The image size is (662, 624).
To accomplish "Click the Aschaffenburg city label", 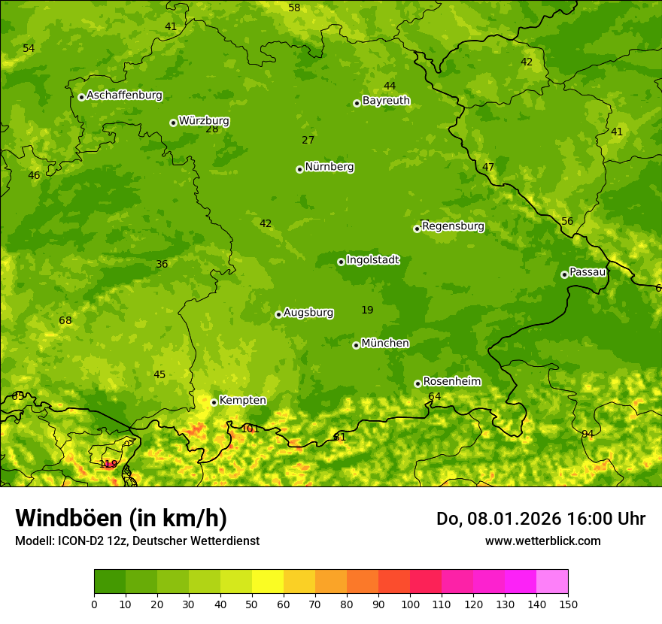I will (x=124, y=95).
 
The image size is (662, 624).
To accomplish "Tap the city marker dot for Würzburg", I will (x=173, y=123).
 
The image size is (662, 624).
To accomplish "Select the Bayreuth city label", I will (x=386, y=100).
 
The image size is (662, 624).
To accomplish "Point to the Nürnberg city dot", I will (x=299, y=169).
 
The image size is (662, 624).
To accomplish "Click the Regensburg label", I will (x=453, y=226).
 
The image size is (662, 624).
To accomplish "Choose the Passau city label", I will (x=588, y=271).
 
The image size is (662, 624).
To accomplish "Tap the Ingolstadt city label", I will (x=372, y=259).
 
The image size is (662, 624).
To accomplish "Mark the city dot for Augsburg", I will (x=278, y=314).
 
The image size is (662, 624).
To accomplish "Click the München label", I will (x=385, y=343).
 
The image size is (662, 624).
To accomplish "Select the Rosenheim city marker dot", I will (x=418, y=383).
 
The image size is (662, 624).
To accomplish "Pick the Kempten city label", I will (x=242, y=400).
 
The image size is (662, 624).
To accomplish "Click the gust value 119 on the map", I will (x=108, y=464).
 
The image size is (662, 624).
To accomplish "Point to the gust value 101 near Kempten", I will (x=250, y=429).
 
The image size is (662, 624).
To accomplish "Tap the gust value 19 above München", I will (x=367, y=310).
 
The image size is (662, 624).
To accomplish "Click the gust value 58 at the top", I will (x=294, y=8).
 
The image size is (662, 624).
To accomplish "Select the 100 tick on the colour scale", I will (x=410, y=604).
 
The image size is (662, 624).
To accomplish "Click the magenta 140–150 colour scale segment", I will (x=552, y=582).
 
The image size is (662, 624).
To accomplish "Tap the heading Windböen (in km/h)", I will (x=121, y=518).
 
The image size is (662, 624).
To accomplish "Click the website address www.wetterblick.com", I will (x=542, y=541).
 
